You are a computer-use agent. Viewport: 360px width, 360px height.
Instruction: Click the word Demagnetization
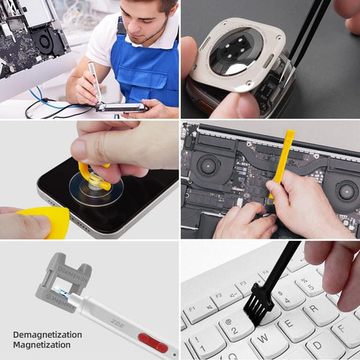(47, 334)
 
